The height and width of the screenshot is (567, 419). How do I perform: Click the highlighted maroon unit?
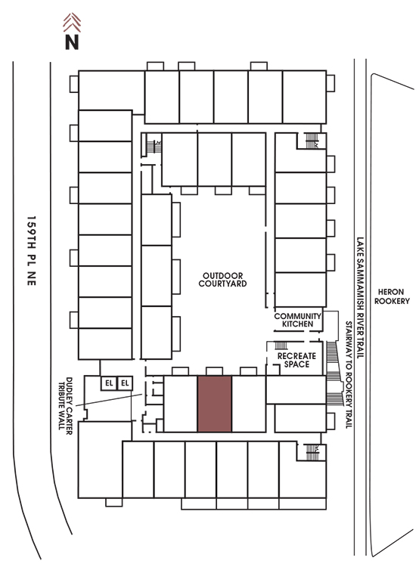[215, 404]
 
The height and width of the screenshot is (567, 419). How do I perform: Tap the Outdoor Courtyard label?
[222, 280]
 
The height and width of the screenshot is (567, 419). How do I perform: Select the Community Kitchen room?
[298, 320]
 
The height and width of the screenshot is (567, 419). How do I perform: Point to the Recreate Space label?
[296, 360]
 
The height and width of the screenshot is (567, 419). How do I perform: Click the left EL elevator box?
[109, 383]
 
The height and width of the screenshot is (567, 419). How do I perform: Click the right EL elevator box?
[125, 383]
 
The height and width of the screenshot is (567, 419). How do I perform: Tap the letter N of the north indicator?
[72, 42]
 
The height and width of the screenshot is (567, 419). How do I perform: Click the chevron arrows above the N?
[72, 23]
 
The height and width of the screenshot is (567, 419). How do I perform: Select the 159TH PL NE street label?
[32, 251]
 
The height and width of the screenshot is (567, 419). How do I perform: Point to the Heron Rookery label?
[392, 296]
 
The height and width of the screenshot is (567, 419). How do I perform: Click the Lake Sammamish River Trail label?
[360, 298]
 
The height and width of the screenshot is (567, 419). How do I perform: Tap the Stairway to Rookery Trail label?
[349, 375]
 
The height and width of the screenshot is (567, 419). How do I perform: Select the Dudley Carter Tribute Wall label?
[65, 405]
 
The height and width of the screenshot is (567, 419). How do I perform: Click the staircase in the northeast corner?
[312, 141]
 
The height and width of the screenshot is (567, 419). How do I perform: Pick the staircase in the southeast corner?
[312, 452]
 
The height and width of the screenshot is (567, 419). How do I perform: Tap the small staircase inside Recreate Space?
[281, 345]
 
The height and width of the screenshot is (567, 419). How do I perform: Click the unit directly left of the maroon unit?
[181, 404]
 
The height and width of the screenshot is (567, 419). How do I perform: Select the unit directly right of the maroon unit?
[249, 404]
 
